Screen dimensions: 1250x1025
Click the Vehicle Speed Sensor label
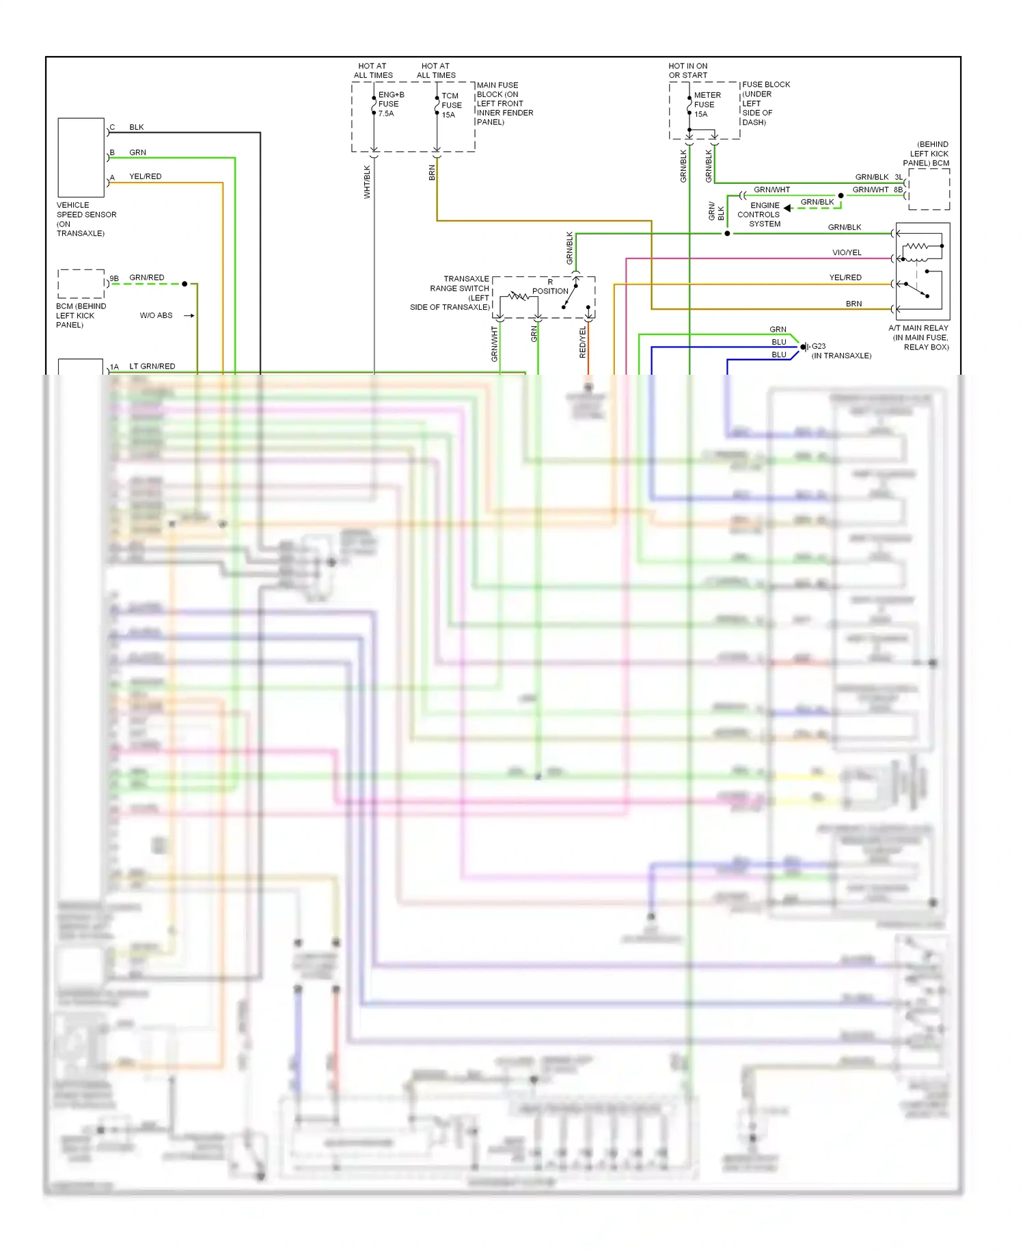pos(85,219)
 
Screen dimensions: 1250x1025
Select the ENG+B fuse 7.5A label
pos(390,104)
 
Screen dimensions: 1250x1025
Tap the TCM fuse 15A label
pos(451,105)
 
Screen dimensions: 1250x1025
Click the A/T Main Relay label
pos(919,337)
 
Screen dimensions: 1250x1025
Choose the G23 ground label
pos(818,346)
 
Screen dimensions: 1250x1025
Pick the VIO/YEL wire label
pos(846,252)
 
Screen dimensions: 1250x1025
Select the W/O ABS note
pos(156,315)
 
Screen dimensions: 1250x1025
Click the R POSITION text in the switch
pos(550,287)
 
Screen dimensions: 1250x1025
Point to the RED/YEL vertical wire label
pos(582,342)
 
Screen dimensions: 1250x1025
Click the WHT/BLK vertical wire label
pos(367,182)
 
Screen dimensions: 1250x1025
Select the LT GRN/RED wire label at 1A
pos(152,367)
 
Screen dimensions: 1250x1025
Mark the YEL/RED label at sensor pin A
pos(145,176)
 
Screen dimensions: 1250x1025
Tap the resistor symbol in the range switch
pos(519,296)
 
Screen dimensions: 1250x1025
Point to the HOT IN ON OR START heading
pos(687,70)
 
